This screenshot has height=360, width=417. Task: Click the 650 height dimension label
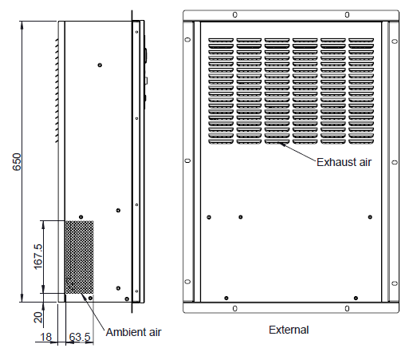[x=17, y=161]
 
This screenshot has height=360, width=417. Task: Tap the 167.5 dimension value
[x=38, y=256]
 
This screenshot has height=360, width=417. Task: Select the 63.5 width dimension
[x=80, y=337]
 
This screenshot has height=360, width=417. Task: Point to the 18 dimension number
[x=45, y=337]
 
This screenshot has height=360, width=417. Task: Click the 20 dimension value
[x=38, y=318]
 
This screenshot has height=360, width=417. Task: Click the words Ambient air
[x=133, y=332]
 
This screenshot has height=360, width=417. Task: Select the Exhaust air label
[x=344, y=162]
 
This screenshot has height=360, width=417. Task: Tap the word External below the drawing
[x=289, y=330]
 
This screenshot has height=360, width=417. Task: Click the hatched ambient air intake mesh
[x=80, y=257]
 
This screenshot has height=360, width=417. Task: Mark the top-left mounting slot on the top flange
[x=234, y=15]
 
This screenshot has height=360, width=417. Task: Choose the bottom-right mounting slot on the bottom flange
[x=347, y=309]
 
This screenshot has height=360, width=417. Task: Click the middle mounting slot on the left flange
[x=187, y=160]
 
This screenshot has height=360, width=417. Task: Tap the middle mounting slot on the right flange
[x=395, y=162]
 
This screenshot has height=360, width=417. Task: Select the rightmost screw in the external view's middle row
[x=370, y=217]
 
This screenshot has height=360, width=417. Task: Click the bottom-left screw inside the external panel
[x=226, y=298]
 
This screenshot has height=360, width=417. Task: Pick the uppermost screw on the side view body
[x=100, y=65]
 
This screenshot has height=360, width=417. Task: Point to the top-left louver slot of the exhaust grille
[x=221, y=40]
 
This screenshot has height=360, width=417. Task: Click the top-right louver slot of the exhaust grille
[x=361, y=40]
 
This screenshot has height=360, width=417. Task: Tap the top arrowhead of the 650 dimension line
[x=22, y=24]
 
